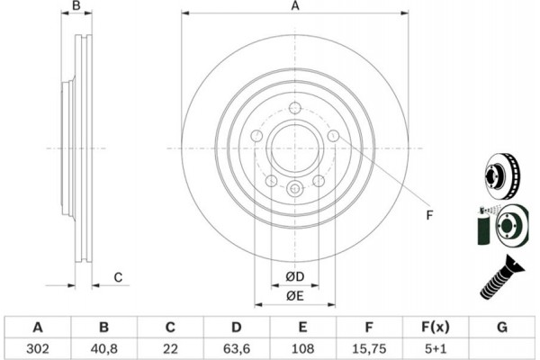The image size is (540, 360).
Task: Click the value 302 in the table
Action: tap(38, 346)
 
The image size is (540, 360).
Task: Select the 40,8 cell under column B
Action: tap(104, 346)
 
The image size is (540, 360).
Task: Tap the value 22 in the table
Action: tap(170, 346)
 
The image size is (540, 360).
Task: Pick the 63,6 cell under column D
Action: tap(237, 346)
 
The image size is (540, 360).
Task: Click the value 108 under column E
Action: tap(302, 346)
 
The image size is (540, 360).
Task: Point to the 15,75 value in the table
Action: tap(369, 346)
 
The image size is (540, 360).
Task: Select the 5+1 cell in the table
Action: tap(435, 346)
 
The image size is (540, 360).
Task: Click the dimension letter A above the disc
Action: tap(294, 7)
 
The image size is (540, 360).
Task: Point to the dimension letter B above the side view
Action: tap(77, 7)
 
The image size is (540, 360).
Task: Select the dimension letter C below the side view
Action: tap(118, 277)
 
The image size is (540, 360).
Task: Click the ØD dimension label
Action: tap(294, 275)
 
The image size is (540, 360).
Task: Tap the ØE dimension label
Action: tap(294, 295)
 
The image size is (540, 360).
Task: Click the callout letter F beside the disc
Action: tap(429, 214)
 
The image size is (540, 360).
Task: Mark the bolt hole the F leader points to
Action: tap(334, 136)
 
